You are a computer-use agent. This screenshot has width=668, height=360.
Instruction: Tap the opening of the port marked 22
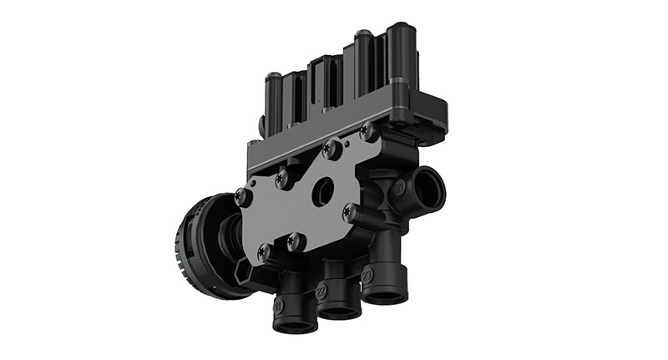(340, 312)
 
